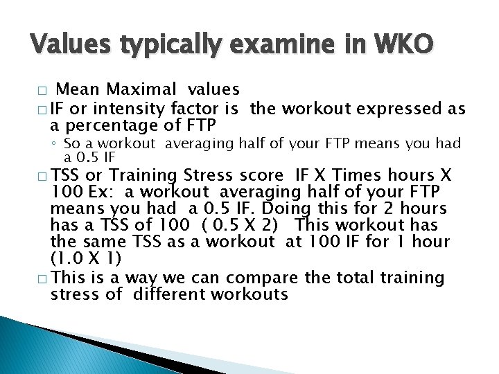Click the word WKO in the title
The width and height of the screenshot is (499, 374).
pyautogui.click(x=405, y=45)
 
